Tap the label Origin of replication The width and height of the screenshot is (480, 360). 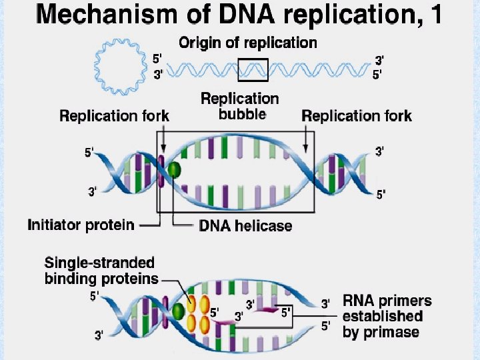pyautogui.click(x=247, y=43)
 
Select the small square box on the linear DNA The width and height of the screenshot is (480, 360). pyautogui.click(x=253, y=69)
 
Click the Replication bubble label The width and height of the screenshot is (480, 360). pyautogui.click(x=240, y=106)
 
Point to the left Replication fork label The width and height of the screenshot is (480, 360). pyautogui.click(x=114, y=116)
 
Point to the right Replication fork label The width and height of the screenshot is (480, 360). pyautogui.click(x=357, y=116)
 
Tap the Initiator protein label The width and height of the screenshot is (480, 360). pyautogui.click(x=81, y=225)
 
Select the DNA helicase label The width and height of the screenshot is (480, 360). pyautogui.click(x=245, y=226)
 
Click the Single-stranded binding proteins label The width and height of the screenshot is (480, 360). pyautogui.click(x=100, y=271)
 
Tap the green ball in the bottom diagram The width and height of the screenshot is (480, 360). pyautogui.click(x=178, y=311)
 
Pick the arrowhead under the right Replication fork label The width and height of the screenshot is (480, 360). pyautogui.click(x=307, y=150)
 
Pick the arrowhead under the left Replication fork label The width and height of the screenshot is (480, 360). pyautogui.click(x=161, y=151)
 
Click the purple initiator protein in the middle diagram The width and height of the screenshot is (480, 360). pyautogui.click(x=161, y=171)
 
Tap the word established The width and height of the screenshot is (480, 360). pyautogui.click(x=383, y=316)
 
